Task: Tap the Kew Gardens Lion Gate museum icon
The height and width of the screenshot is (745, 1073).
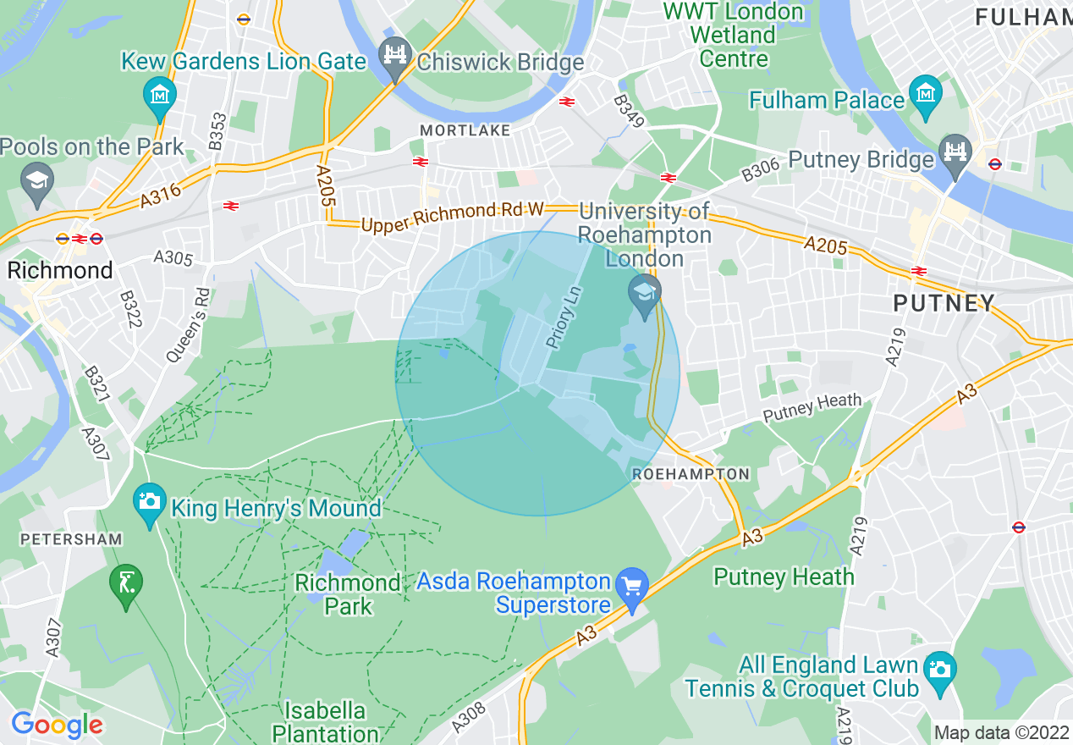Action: pos(159,92)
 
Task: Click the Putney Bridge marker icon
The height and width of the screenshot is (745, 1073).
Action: pos(956,154)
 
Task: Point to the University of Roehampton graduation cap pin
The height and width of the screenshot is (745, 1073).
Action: pos(645,295)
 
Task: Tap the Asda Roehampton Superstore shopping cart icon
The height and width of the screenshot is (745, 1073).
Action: pos(631,585)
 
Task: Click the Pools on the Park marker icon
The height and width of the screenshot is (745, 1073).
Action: pos(36,182)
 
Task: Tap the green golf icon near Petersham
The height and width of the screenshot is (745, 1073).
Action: pos(126,583)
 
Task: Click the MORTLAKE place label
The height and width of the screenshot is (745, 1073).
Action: pos(465,130)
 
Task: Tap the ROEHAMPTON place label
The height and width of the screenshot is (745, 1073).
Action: pos(691,474)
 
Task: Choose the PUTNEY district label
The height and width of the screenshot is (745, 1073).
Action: pos(944,302)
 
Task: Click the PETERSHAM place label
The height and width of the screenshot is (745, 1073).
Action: pos(71,538)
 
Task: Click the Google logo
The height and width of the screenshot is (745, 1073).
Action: pos(57,725)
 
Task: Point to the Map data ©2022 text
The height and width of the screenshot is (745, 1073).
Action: pos(1001,732)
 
